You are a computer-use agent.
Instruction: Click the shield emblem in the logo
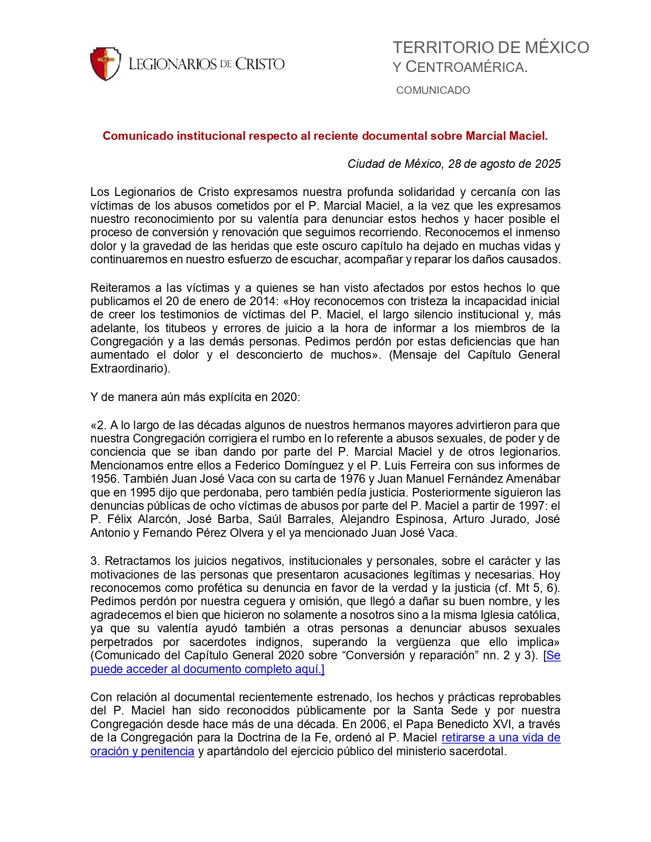click(x=105, y=64)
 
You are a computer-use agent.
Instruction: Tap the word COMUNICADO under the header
click(x=433, y=90)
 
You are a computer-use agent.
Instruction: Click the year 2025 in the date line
click(x=547, y=164)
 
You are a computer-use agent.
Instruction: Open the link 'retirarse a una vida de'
click(x=501, y=737)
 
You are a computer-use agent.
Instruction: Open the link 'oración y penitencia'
click(x=142, y=751)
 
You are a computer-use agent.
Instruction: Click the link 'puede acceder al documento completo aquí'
click(x=207, y=669)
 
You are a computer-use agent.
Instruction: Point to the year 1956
click(x=104, y=479)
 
